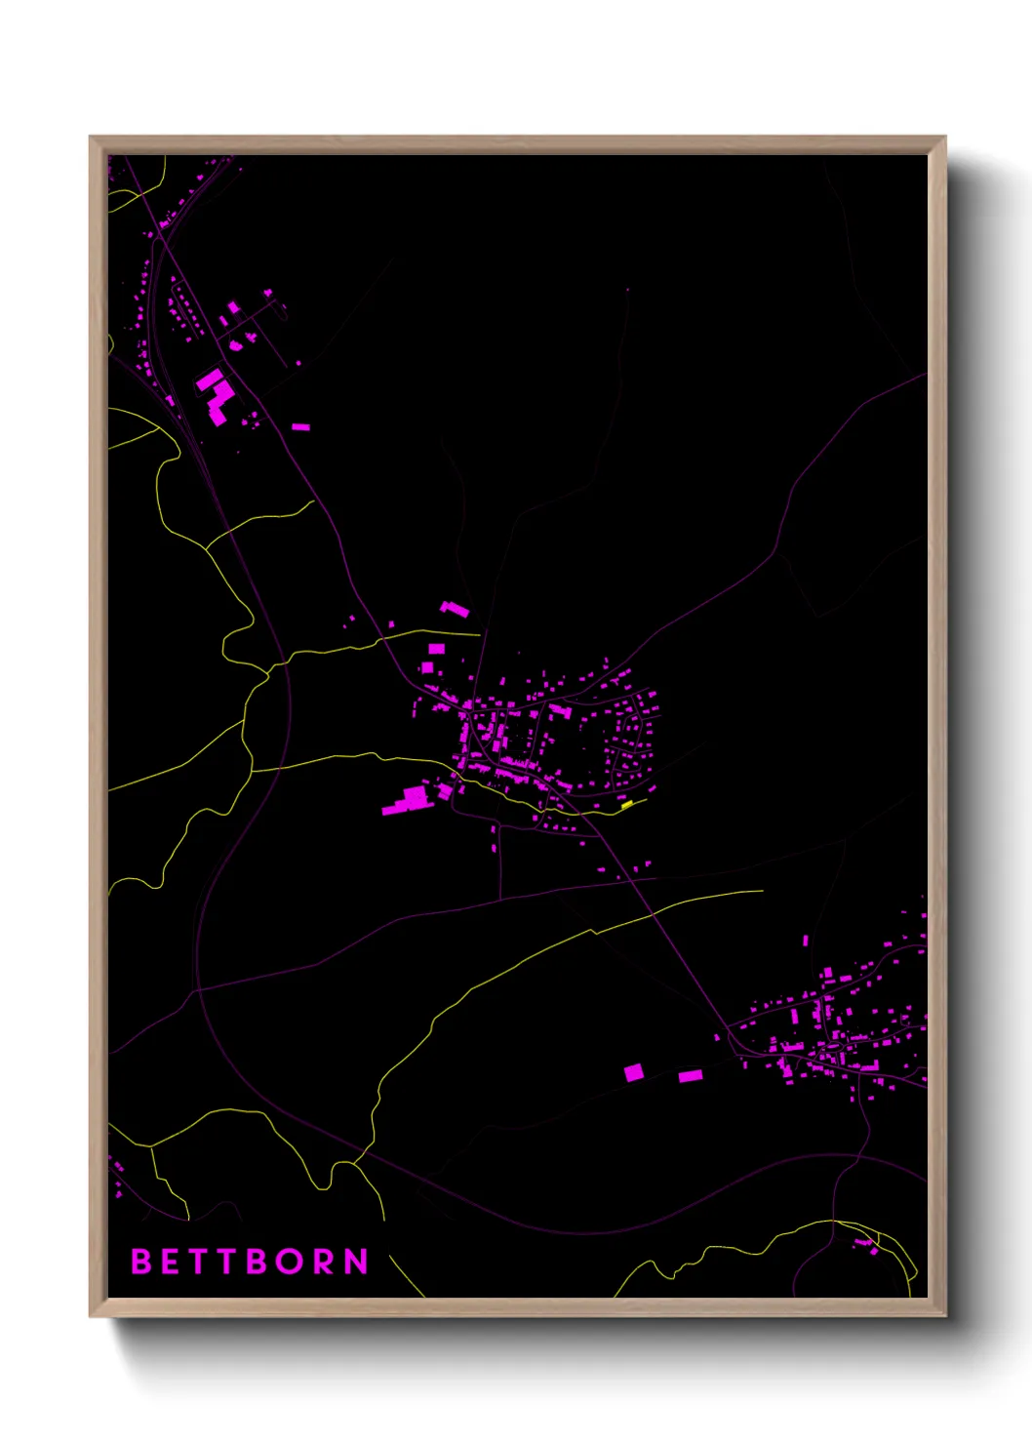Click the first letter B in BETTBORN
click(140, 1262)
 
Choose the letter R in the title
click(326, 1262)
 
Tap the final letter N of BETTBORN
click(357, 1262)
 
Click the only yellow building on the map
click(627, 805)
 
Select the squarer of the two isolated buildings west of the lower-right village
click(634, 1072)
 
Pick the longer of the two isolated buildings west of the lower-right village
click(691, 1076)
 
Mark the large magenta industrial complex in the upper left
click(216, 394)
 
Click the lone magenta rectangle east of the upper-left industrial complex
click(301, 426)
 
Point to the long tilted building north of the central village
click(454, 610)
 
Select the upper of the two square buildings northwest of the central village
click(437, 648)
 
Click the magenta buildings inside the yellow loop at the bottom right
click(866, 1245)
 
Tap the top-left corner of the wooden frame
click(91, 138)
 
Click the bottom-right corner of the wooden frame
click(944, 1315)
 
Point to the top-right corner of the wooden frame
click(944, 138)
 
